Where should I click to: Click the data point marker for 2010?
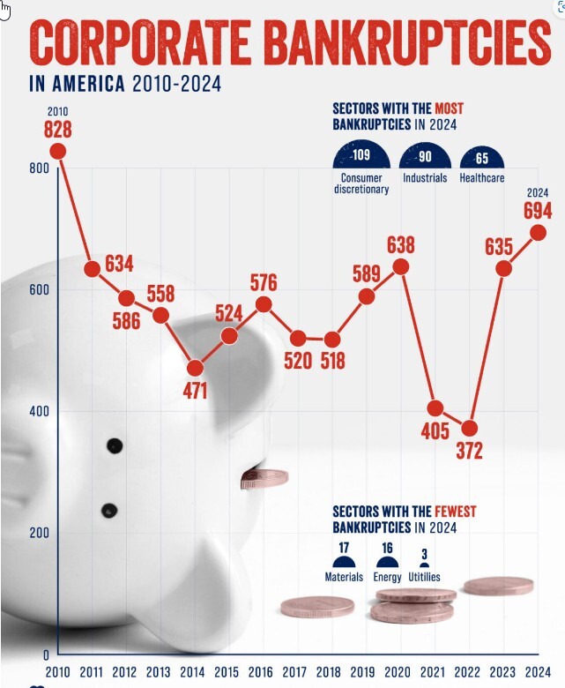tap(58, 151)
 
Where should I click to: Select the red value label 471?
tap(195, 391)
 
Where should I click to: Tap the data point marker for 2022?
tap(470, 429)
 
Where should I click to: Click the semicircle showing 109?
tap(361, 157)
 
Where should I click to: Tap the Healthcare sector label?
tap(482, 177)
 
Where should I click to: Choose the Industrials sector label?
tap(425, 177)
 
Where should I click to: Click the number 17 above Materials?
tap(344, 548)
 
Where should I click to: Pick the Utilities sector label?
tap(424, 578)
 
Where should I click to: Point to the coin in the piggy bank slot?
tap(264, 479)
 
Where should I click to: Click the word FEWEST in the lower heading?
tap(456, 511)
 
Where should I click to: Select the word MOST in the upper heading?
tap(450, 108)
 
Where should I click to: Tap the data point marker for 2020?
tap(401, 266)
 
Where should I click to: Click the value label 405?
tap(435, 432)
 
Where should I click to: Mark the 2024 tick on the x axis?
tap(538, 672)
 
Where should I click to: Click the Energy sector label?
tap(387, 578)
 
